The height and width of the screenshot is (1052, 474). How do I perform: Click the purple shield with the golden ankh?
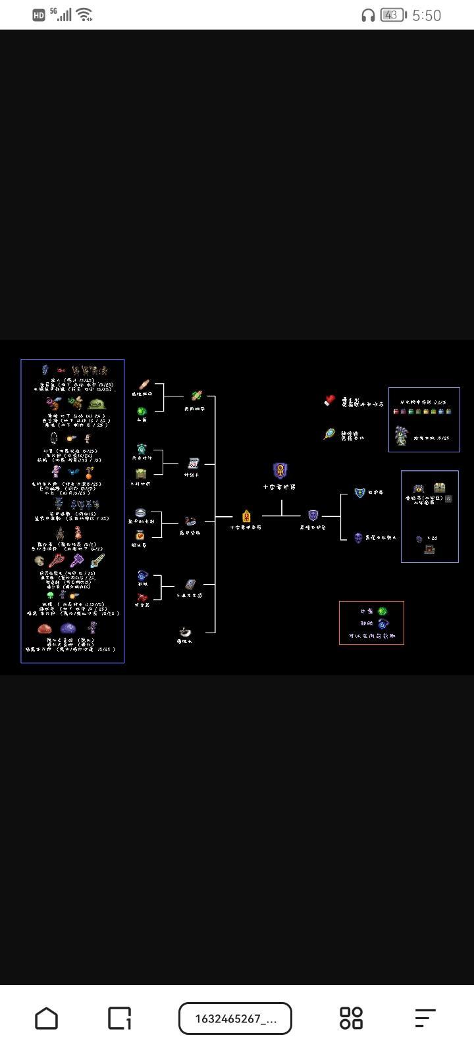click(280, 471)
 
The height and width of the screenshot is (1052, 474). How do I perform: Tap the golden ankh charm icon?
click(246, 516)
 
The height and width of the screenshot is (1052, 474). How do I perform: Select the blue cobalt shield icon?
click(359, 492)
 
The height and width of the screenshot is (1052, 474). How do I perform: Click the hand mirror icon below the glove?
click(329, 434)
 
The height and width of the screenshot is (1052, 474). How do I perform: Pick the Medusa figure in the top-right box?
click(400, 435)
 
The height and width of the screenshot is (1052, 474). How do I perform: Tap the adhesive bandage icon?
click(143, 385)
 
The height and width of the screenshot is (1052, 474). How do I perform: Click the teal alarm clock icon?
click(141, 449)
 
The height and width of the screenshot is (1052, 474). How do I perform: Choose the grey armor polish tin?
click(140, 512)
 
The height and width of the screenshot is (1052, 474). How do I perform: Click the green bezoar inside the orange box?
click(382, 611)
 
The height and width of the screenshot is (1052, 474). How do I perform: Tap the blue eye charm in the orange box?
click(382, 624)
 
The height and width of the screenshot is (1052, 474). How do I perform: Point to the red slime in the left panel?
click(44, 629)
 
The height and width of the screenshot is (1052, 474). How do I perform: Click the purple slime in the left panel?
click(68, 629)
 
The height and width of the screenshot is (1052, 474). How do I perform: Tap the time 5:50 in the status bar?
click(427, 15)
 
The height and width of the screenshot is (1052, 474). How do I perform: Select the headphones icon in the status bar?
click(368, 15)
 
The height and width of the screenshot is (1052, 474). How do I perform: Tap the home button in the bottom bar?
click(46, 1018)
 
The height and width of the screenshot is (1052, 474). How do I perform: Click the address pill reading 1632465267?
click(235, 1018)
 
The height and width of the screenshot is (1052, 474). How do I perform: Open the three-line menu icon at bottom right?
click(425, 1018)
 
